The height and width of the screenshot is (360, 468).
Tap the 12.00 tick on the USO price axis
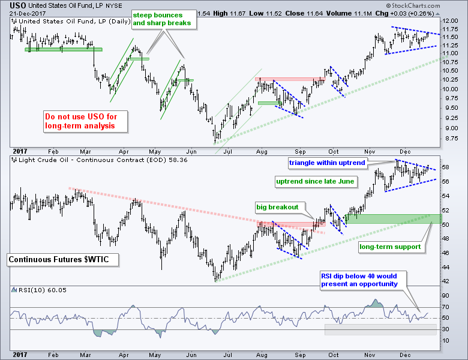(451, 21)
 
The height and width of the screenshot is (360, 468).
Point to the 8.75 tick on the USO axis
(449, 137)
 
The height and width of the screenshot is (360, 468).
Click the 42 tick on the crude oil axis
(447, 281)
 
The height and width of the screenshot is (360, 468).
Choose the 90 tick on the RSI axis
(447, 295)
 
